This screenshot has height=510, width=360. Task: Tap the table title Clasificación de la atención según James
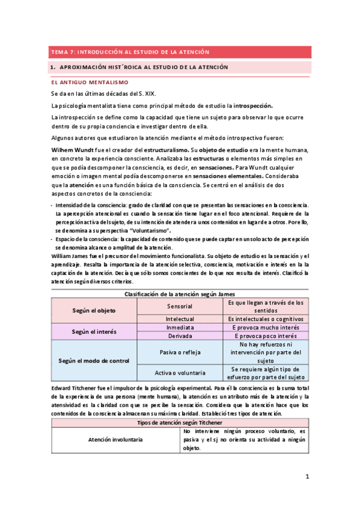click(x=180, y=293)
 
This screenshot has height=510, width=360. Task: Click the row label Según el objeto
click(x=94, y=310)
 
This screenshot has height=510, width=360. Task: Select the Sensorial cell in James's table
click(x=180, y=306)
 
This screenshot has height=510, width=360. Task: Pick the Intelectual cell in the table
click(x=180, y=319)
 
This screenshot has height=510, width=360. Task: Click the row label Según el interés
click(x=94, y=331)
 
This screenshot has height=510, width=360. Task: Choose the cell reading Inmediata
click(x=180, y=327)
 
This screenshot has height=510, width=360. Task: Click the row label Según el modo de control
click(x=94, y=360)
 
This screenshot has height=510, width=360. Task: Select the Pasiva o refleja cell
click(x=180, y=352)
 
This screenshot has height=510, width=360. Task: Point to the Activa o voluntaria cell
click(x=180, y=373)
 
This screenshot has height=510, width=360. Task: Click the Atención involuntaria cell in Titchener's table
click(x=115, y=440)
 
